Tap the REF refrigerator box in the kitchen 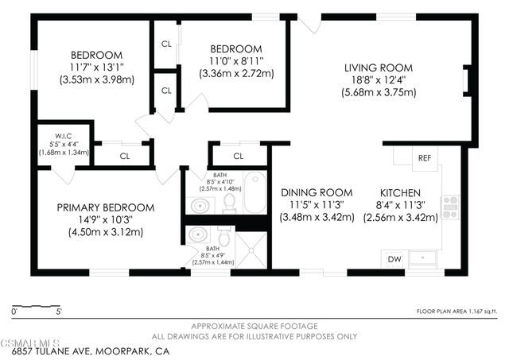[425, 157]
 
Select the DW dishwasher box [394, 258]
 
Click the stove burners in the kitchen [450, 207]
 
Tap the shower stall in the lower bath [253, 246]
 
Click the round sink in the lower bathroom [198, 236]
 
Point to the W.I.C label [65, 135]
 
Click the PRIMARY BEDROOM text [105, 207]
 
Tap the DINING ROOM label [317, 192]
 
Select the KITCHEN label [400, 192]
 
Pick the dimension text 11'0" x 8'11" [235, 60]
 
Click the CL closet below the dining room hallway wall [238, 156]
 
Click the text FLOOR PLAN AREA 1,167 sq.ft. [457, 312]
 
